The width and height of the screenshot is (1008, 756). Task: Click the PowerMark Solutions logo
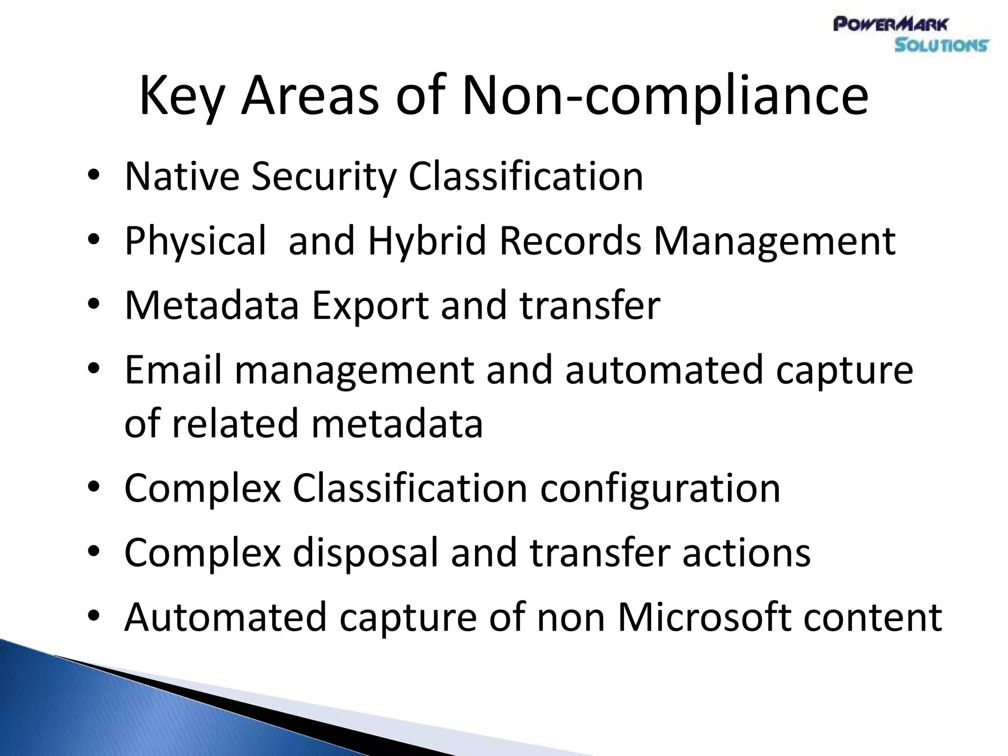click(911, 34)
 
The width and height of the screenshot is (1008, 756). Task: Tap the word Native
click(182, 177)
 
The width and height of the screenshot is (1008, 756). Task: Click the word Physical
click(195, 241)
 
